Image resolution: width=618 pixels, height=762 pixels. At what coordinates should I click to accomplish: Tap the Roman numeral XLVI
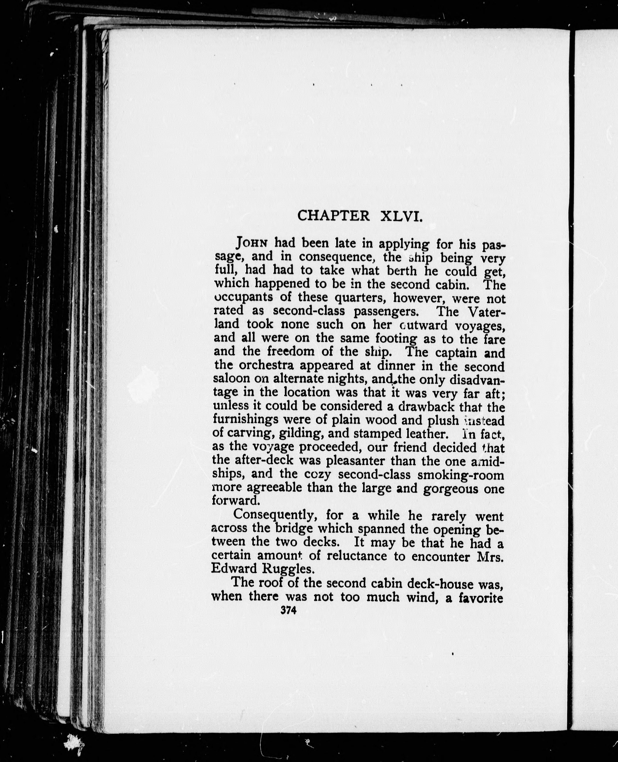402,216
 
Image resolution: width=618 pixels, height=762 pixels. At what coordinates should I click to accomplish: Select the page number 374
288,610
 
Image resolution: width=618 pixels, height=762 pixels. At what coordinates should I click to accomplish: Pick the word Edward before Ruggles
234,568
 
